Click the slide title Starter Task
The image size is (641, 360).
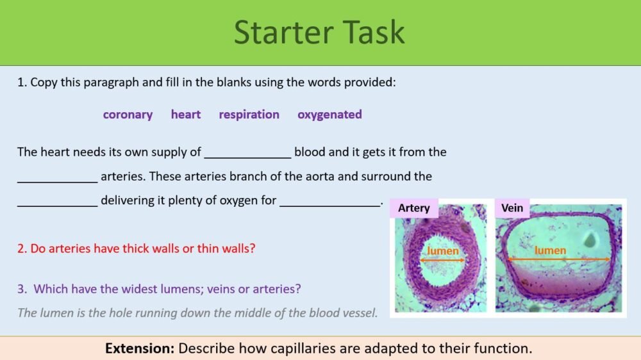319,32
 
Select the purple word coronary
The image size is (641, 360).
128,115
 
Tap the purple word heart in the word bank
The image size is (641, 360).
185,115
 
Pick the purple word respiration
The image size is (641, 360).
249,115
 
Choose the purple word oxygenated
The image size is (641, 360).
329,115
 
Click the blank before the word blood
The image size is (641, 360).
247,154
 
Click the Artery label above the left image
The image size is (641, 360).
413,208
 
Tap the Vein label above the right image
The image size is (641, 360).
512,208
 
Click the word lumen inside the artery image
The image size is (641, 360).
443,250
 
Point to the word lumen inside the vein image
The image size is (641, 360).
550,250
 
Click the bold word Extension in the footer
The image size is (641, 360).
140,349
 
